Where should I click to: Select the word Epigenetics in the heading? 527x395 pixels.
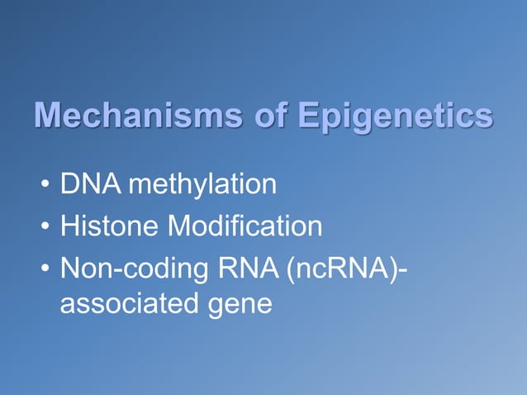pyautogui.click(x=396, y=117)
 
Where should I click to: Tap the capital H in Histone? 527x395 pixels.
pyautogui.click(x=70, y=226)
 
